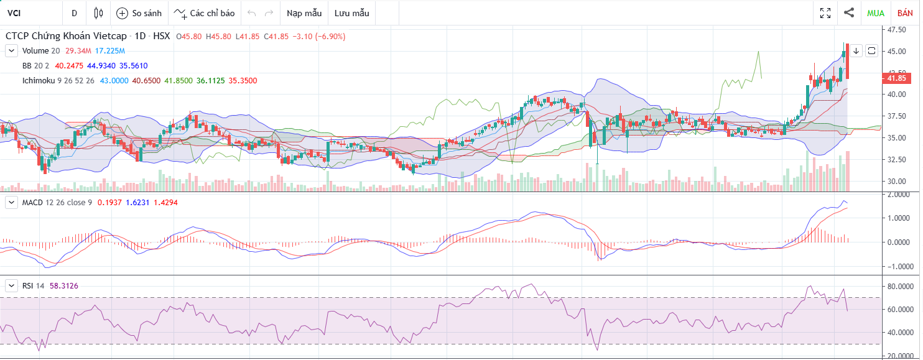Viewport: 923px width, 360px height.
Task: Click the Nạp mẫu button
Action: (304, 13)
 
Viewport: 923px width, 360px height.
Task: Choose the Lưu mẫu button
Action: (351, 13)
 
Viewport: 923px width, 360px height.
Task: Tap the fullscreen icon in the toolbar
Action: (825, 13)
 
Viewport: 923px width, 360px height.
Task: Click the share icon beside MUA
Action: (849, 12)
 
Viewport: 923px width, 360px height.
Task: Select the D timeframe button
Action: (75, 13)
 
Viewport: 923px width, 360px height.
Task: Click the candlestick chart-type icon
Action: (98, 13)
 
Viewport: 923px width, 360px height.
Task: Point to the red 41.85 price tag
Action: (896, 78)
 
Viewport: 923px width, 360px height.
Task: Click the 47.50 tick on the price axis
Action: (896, 29)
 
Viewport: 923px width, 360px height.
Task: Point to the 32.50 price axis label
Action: (896, 160)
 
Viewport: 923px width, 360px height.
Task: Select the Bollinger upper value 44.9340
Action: (102, 65)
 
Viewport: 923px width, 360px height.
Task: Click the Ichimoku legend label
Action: (38, 80)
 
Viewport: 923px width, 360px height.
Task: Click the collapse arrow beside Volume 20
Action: (11, 50)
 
